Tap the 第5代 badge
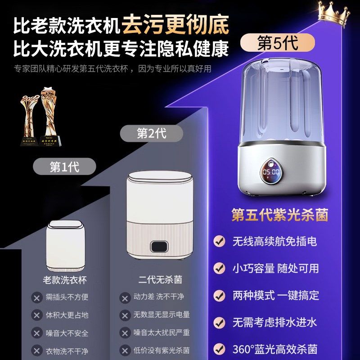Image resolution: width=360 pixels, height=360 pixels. coord(276,44)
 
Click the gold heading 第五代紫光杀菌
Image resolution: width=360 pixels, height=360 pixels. coord(279,214)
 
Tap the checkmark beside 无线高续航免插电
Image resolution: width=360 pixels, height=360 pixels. coord(219,241)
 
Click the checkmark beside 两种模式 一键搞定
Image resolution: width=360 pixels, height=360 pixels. coord(219,295)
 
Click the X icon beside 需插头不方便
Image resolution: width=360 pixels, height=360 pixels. coord(37,297)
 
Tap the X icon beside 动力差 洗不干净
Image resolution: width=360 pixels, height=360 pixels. coord(125,297)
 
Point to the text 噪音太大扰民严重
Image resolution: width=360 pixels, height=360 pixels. coord(162,333)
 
